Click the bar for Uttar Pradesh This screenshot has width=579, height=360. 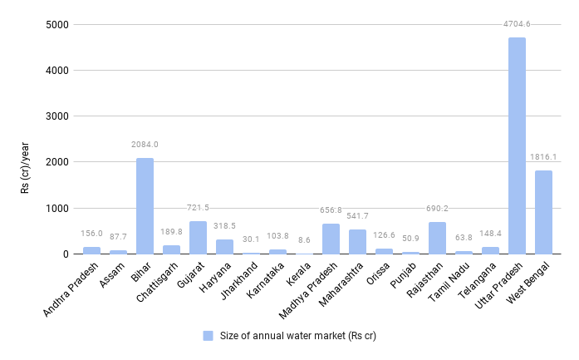pyautogui.click(x=517, y=145)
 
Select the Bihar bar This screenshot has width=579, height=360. pyautogui.click(x=145, y=206)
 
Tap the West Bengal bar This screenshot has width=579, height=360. pyautogui.click(x=543, y=212)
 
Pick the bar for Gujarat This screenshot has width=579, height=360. pyautogui.click(x=198, y=238)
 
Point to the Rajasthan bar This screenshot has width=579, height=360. pyautogui.click(x=437, y=239)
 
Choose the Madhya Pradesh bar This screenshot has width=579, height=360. pyautogui.click(x=331, y=239)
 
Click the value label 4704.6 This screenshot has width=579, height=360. pyautogui.click(x=517, y=24)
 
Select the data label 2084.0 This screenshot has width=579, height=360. pyautogui.click(x=145, y=145)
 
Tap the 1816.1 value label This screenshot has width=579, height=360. pyautogui.click(x=543, y=157)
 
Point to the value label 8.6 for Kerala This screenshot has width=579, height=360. pyautogui.click(x=304, y=240)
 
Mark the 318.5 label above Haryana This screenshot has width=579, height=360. pyautogui.click(x=224, y=225)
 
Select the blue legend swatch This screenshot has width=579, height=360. pyautogui.click(x=209, y=336)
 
